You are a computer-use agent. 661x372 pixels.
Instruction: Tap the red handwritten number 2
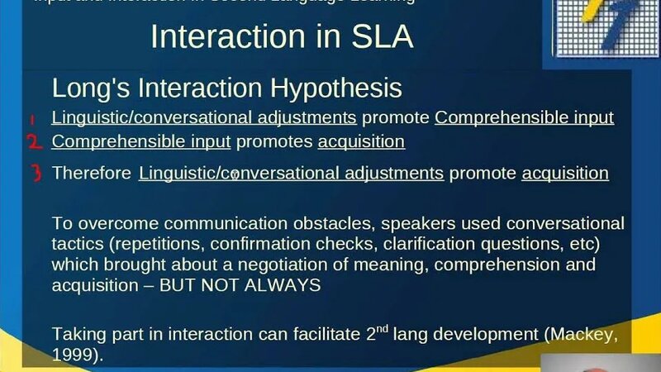[34, 142]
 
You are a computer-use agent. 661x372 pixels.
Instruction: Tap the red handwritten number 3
[34, 174]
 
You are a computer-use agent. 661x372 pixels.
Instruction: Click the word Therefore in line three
[91, 174]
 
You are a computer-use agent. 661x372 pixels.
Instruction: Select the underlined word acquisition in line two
[361, 141]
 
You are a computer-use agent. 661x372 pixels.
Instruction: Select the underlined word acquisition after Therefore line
[565, 174]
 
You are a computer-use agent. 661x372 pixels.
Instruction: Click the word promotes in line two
[273, 142]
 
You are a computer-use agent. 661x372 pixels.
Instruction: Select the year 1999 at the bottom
[69, 355]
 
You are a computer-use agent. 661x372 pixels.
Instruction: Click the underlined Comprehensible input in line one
[524, 117]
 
